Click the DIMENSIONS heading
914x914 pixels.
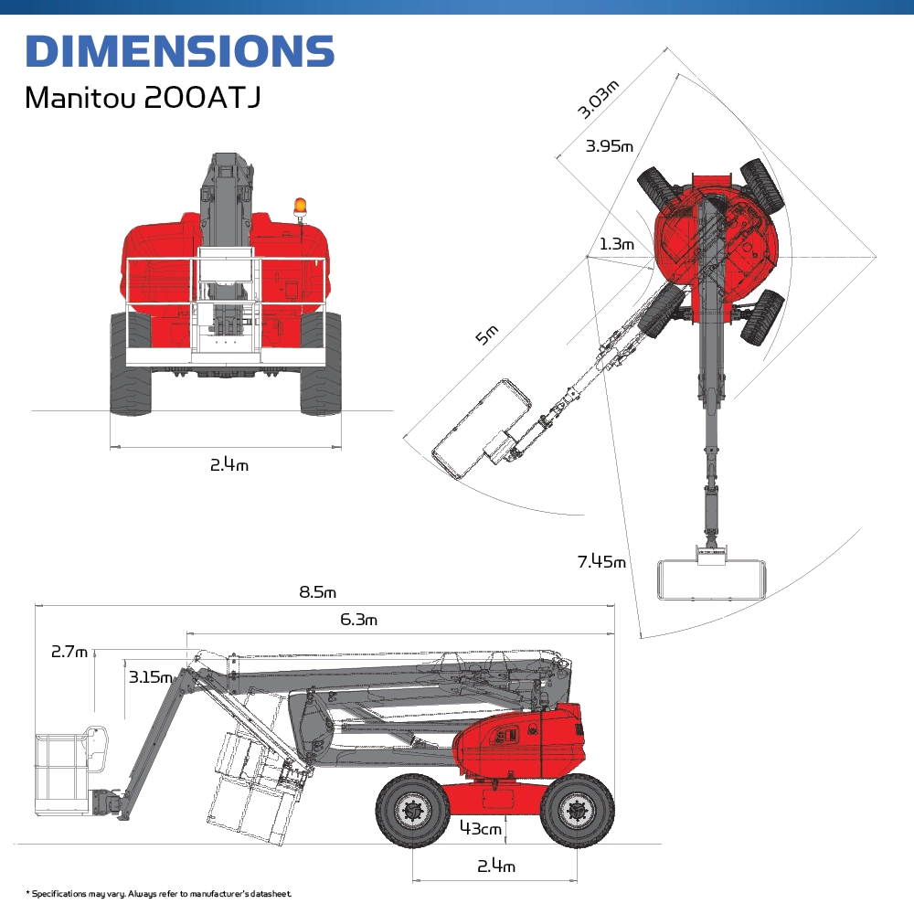[x=179, y=50]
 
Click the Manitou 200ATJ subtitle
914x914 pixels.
[x=143, y=97]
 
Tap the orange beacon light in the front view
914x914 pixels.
[x=300, y=206]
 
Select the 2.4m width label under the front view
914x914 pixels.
[x=229, y=464]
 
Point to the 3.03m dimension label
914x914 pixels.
[x=598, y=100]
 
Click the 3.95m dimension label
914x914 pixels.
[x=609, y=145]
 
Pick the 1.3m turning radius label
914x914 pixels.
[x=617, y=244]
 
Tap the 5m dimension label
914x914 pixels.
[x=487, y=335]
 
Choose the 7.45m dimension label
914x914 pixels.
[x=601, y=561]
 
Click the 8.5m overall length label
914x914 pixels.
[x=318, y=592]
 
